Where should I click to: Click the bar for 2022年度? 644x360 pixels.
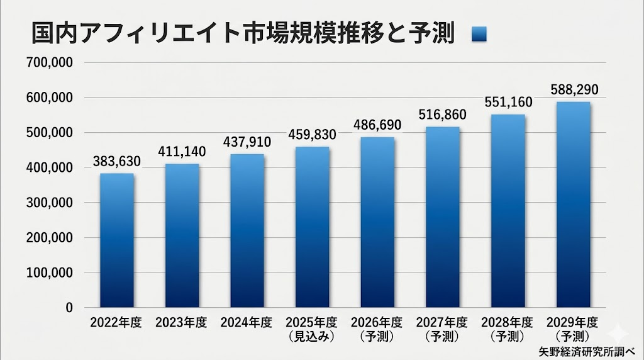(x=116, y=240)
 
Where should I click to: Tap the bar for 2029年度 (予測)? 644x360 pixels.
(x=573, y=205)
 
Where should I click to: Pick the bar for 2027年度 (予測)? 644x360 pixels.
(x=443, y=217)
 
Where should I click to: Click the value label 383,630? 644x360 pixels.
(x=116, y=162)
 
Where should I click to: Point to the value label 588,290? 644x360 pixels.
(x=573, y=89)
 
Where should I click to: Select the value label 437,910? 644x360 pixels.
(x=247, y=142)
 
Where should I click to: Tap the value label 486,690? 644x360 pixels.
(x=377, y=125)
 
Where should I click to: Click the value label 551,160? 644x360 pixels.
(x=508, y=102)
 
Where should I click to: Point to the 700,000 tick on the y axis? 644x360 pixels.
(x=51, y=62)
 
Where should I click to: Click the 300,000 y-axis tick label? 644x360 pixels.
(x=51, y=203)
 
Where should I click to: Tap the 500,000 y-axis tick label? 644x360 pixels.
(x=51, y=133)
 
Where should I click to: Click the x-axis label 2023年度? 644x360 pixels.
(x=181, y=323)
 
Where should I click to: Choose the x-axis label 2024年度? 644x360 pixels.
(x=247, y=323)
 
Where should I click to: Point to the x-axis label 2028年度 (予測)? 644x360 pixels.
(x=508, y=329)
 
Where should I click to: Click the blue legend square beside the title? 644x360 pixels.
(x=480, y=35)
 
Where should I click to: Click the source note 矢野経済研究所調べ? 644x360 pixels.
(x=588, y=351)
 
